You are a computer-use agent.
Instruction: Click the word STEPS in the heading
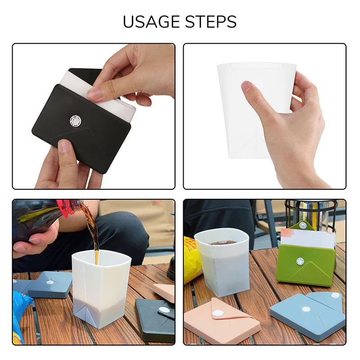pyautogui.click(x=211, y=22)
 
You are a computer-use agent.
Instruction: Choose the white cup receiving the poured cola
pyautogui.click(x=101, y=288)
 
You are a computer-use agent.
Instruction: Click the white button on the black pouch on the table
pyautogui.click(x=165, y=310)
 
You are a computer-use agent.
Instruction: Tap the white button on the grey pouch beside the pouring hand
pyautogui.click(x=50, y=282)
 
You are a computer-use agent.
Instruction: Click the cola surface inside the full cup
pyautogui.click(x=222, y=242)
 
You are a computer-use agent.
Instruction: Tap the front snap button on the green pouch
pyautogui.click(x=300, y=261)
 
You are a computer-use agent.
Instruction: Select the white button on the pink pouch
pyautogui.click(x=220, y=313)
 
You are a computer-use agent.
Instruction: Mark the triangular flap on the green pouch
pyautogui.click(x=311, y=272)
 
